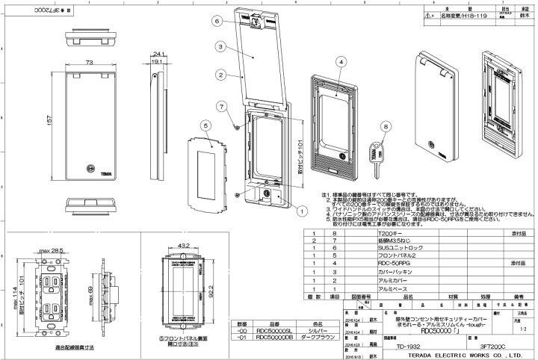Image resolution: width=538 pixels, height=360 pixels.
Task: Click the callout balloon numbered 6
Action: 215,22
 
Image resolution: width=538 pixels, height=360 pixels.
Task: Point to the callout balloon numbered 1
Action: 301,210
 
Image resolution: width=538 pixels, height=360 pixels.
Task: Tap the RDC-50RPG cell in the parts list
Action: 393,264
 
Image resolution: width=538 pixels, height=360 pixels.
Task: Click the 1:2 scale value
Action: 520,326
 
